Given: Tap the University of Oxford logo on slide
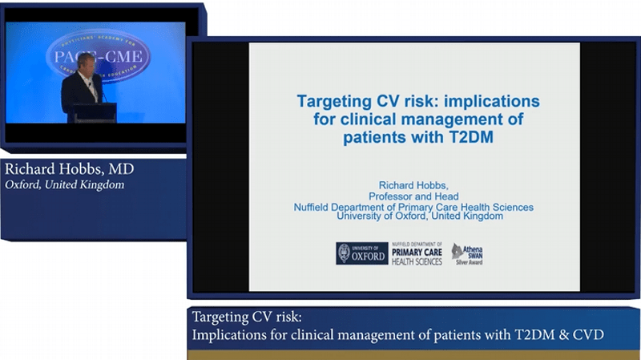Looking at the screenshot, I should coord(362,253).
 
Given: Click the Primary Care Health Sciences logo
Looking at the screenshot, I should coord(417,254).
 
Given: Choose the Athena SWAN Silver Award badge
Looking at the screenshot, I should coord(466,254).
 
